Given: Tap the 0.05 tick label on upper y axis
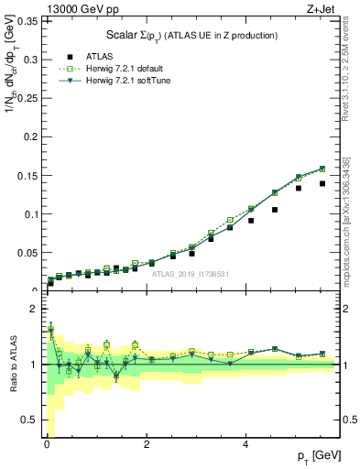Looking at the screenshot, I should (27, 252).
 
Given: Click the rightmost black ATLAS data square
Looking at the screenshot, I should (322, 183).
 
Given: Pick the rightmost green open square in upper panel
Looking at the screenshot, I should (322, 169).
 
